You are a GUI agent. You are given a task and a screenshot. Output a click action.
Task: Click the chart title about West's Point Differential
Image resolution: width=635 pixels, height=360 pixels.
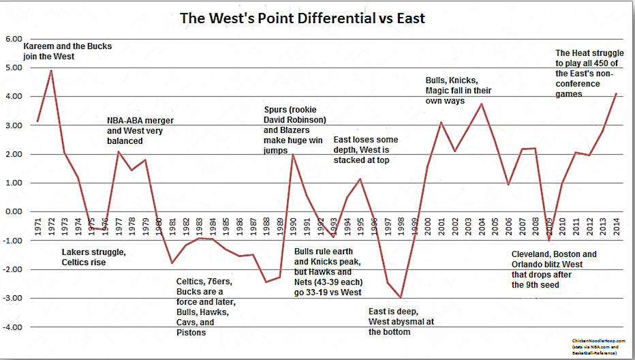[302, 18]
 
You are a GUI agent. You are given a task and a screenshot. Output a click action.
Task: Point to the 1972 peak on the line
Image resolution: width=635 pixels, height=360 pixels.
[50, 70]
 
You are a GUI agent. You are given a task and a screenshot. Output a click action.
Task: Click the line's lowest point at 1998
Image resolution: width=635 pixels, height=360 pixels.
[401, 297]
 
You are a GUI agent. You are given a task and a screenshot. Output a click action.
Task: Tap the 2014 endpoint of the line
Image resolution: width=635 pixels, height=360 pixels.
[616, 93]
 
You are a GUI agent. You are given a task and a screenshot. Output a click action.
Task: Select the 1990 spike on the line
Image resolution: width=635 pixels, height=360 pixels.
[292, 155]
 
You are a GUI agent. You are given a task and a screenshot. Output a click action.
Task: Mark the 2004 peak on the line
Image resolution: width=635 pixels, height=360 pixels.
[482, 104]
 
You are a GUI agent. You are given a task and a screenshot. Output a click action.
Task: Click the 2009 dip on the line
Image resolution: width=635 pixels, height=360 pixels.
[548, 240]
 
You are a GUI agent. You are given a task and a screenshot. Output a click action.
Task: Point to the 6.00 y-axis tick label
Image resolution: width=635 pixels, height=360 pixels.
[14, 39]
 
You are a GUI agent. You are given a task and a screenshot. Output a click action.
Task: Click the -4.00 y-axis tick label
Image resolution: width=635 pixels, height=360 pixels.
[13, 327]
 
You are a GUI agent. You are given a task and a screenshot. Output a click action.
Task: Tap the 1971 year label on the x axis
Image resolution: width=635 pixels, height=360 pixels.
[37, 227]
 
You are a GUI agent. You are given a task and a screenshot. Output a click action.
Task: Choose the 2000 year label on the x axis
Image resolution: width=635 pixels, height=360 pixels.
[427, 227]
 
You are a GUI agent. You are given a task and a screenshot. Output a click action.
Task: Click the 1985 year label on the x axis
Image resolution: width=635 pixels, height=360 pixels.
[226, 227]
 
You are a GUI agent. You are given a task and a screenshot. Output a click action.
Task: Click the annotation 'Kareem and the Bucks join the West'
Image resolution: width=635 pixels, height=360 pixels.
[67, 51]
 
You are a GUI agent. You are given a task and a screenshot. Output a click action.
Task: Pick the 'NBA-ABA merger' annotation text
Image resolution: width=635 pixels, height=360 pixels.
[140, 121]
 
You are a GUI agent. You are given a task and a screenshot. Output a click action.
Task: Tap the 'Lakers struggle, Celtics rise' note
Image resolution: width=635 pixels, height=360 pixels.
[93, 257]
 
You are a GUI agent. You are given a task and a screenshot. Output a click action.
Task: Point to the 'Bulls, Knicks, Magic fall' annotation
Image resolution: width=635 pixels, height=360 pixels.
[458, 90]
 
